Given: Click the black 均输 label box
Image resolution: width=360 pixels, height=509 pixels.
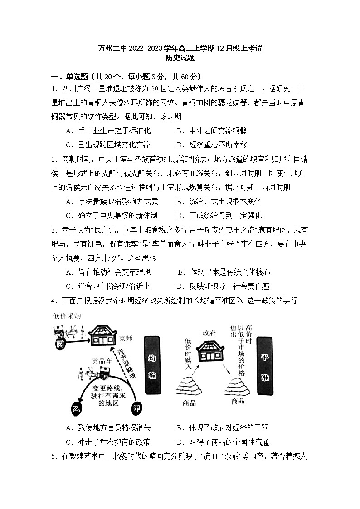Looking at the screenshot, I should (x=152, y=365).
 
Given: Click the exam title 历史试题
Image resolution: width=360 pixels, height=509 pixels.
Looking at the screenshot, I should (x=180, y=58).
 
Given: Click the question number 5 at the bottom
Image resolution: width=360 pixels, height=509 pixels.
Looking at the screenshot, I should (x=54, y=456).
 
